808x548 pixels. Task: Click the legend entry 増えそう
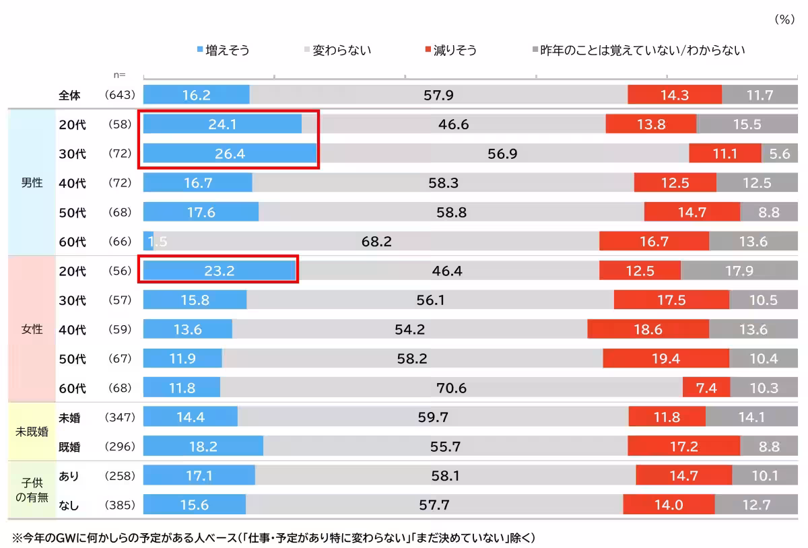pyautogui.click(x=225, y=50)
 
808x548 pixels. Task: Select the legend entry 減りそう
pyautogui.click(x=451, y=50)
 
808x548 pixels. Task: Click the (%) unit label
pyautogui.click(x=784, y=20)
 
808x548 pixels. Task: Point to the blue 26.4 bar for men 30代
pyautogui.click(x=230, y=154)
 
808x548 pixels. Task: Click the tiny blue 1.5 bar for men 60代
pyautogui.click(x=148, y=241)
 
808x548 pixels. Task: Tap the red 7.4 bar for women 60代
pyautogui.click(x=706, y=388)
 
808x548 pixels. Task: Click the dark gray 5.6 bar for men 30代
pyautogui.click(x=780, y=154)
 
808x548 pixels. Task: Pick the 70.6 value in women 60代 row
pyautogui.click(x=451, y=388)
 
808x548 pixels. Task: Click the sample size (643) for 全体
pyautogui.click(x=121, y=96)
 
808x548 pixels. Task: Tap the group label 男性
pyautogui.click(x=32, y=183)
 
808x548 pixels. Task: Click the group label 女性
pyautogui.click(x=32, y=330)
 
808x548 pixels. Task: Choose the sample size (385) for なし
pyautogui.click(x=121, y=505)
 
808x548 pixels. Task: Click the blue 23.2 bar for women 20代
pyautogui.click(x=220, y=271)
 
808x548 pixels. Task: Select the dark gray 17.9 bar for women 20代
pyautogui.click(x=739, y=271)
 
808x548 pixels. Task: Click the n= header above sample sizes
pyautogui.click(x=119, y=75)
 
